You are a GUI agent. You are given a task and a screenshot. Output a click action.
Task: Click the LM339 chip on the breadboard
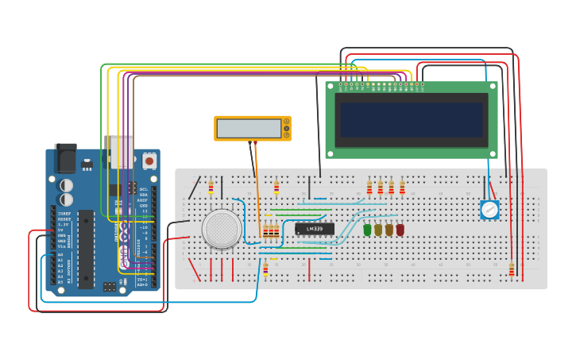[x=315, y=229]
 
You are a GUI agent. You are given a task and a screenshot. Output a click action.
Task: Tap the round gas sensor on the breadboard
[x=222, y=229]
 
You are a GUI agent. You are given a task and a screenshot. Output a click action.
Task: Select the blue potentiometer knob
[x=489, y=210]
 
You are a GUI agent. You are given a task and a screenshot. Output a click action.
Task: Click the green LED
[x=367, y=230]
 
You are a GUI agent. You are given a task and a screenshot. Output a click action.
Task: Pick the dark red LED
[x=400, y=230]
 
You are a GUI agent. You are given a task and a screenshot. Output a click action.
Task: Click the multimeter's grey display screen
[x=248, y=128]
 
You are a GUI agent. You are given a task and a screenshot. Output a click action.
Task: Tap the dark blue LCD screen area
[x=412, y=120]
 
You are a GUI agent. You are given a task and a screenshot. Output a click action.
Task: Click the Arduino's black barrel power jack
[x=65, y=158]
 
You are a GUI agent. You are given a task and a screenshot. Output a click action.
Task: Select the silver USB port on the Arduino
[x=122, y=151]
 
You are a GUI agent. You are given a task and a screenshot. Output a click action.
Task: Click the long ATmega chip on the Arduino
[x=86, y=248]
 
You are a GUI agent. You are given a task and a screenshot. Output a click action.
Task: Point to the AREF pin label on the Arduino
[x=144, y=200]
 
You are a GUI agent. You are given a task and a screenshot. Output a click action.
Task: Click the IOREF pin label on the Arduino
[x=64, y=214]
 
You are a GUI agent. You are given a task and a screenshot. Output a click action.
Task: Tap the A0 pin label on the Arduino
[x=60, y=255]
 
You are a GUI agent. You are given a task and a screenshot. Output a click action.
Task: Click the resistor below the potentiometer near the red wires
[x=511, y=270]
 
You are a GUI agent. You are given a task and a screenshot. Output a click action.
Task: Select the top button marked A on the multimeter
[x=286, y=122]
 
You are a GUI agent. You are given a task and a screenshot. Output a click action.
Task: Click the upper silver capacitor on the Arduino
[x=66, y=185]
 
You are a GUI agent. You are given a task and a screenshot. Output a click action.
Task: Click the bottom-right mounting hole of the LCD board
[x=493, y=153]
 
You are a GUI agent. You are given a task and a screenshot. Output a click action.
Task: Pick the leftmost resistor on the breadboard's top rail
[x=211, y=188]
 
